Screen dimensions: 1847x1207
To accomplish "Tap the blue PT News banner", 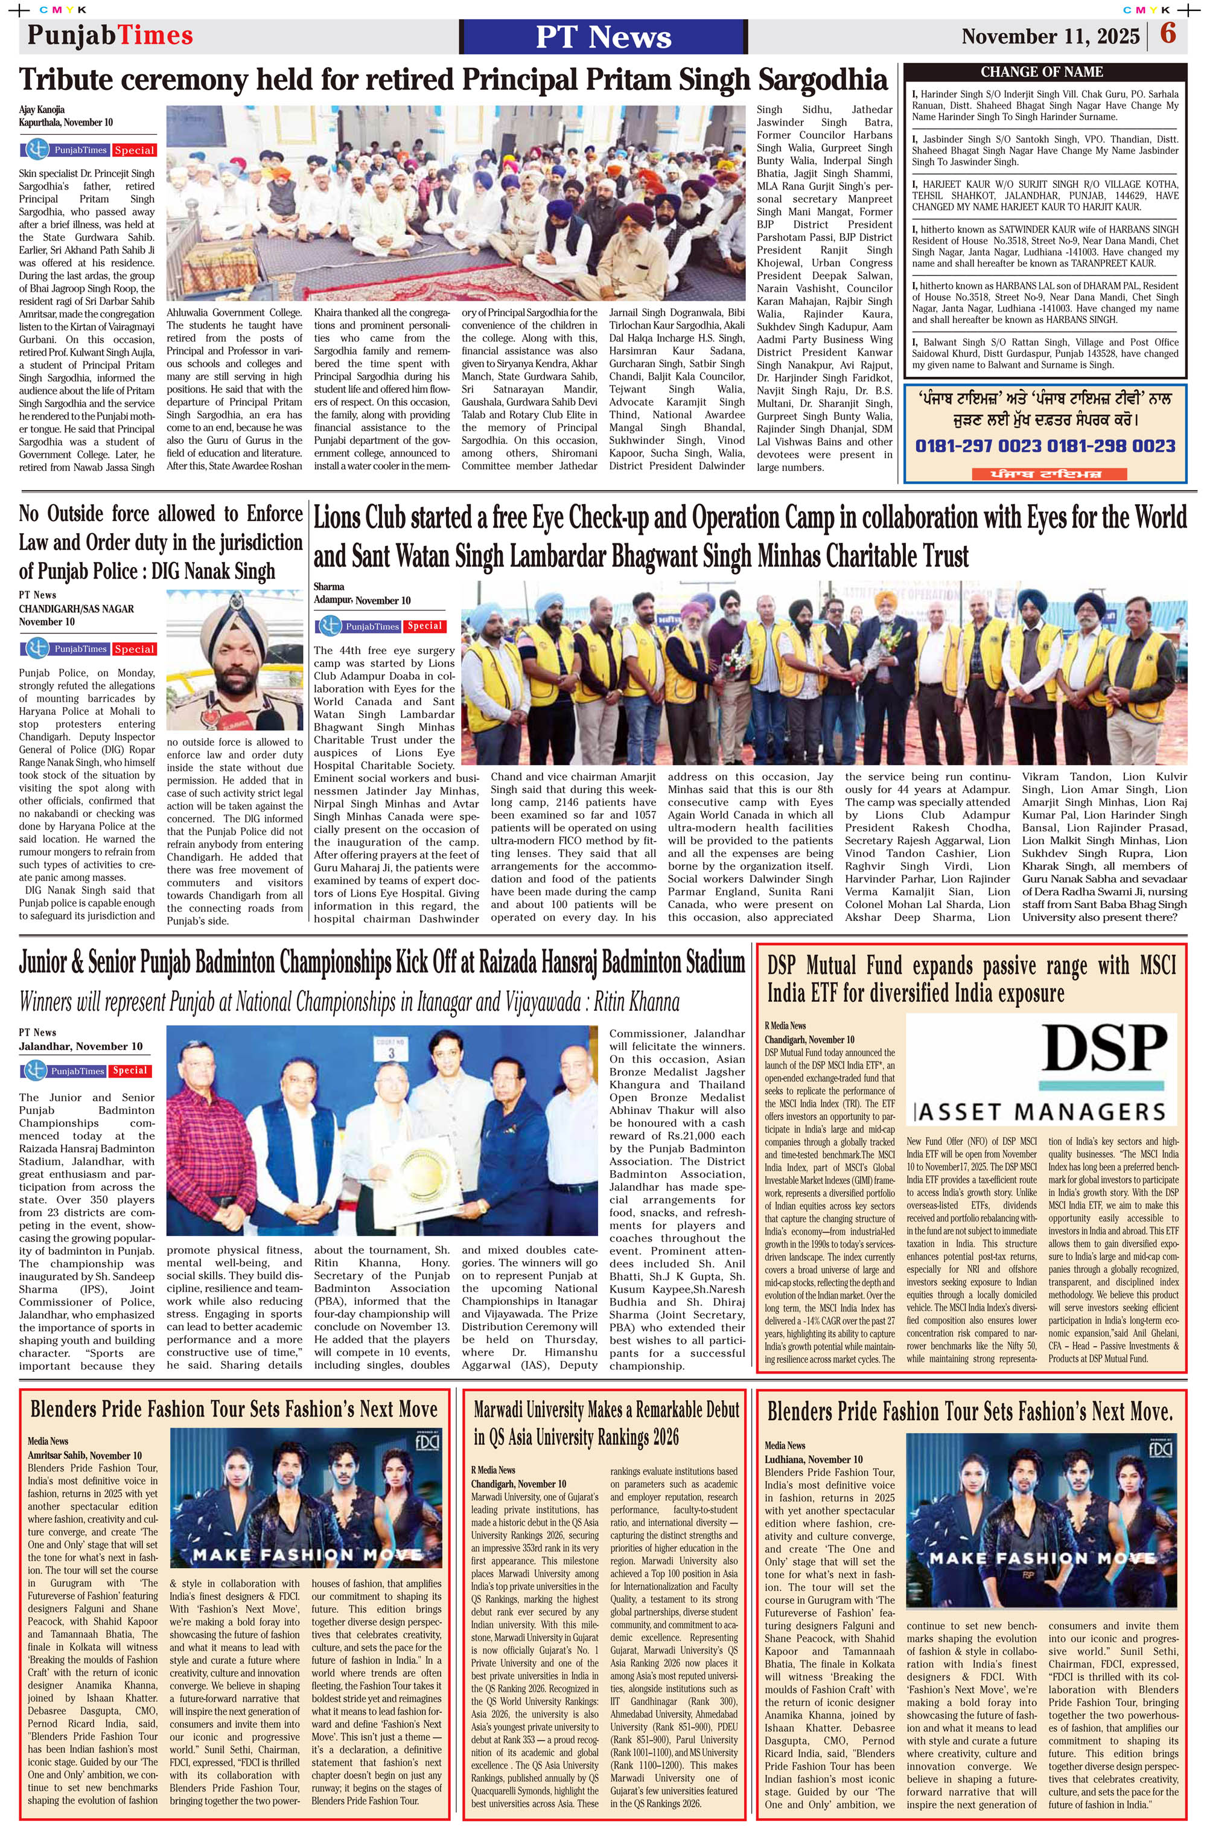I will (603, 36).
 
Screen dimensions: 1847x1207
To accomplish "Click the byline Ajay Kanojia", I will (42, 109).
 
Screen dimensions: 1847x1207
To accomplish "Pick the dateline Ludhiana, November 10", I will (813, 1459).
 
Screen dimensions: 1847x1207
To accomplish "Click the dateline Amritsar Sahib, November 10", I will (84, 1455).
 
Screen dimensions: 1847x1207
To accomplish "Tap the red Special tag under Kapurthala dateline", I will (134, 150).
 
